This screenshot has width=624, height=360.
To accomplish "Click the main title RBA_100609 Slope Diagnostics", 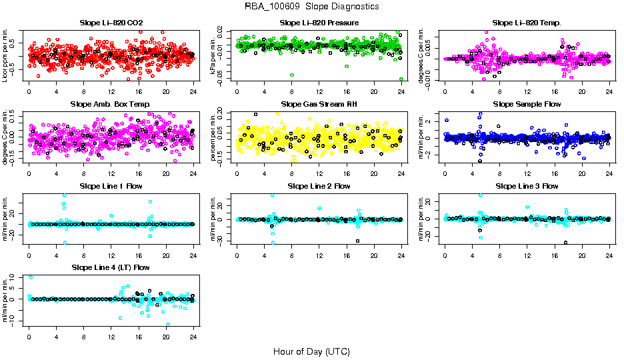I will (x=311, y=7).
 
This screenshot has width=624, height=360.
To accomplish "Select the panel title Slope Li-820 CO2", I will (x=111, y=23).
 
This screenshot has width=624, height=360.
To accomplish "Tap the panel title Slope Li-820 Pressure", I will (x=319, y=23).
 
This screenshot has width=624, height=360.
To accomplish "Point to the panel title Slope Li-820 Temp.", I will (x=527, y=23).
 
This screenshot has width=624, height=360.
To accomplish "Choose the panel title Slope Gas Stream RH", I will (x=319, y=105).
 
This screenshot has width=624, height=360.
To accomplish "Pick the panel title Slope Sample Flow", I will (x=527, y=105).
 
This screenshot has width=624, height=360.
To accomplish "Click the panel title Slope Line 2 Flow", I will (x=319, y=186).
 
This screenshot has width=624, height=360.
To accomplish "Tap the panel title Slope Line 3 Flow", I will (x=527, y=186).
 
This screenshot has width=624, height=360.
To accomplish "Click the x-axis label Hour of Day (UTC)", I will (x=311, y=351).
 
